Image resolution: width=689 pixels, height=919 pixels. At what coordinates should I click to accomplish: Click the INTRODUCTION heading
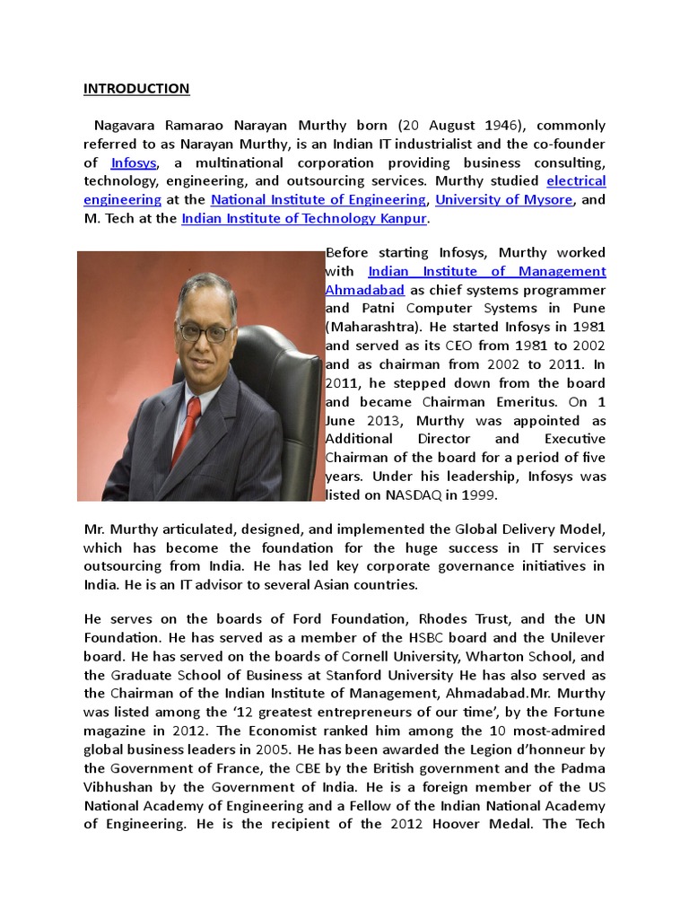pyautogui.click(x=136, y=88)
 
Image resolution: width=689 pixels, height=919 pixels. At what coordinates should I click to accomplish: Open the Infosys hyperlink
pyautogui.click(x=135, y=162)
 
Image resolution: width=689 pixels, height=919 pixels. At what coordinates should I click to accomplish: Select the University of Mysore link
pyautogui.click(x=503, y=199)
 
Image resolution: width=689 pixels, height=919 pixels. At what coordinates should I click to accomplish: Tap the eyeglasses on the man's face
pyautogui.click(x=205, y=331)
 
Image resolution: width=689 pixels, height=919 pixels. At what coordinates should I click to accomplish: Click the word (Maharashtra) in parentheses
pyautogui.click(x=371, y=327)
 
